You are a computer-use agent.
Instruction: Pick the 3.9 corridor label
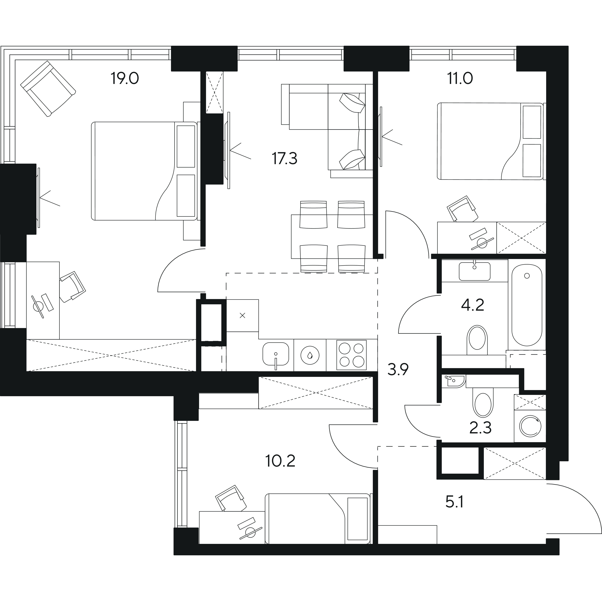[398, 370]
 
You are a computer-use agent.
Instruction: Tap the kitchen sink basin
[276, 354]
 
